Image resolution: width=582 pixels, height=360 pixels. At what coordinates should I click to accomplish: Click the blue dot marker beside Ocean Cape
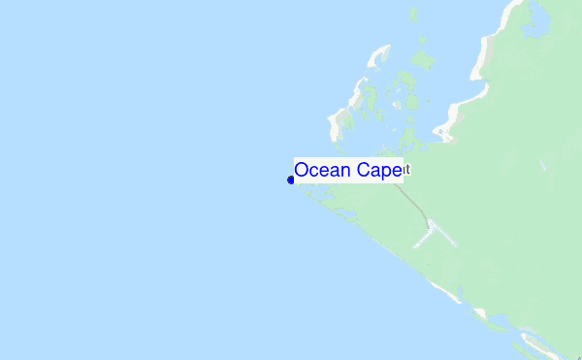tap(291, 180)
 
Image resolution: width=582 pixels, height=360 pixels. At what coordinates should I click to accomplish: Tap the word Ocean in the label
tap(323, 171)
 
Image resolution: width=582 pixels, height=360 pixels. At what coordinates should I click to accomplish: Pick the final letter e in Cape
tap(396, 172)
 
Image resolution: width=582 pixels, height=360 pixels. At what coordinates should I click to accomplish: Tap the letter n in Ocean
tap(345, 172)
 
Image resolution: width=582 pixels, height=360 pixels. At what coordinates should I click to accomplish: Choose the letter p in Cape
tap(386, 173)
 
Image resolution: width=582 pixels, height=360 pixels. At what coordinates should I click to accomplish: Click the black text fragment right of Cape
tap(407, 170)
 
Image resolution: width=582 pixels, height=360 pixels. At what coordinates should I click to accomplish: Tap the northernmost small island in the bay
tap(412, 15)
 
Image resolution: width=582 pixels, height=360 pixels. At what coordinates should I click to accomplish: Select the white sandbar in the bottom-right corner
tap(532, 342)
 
